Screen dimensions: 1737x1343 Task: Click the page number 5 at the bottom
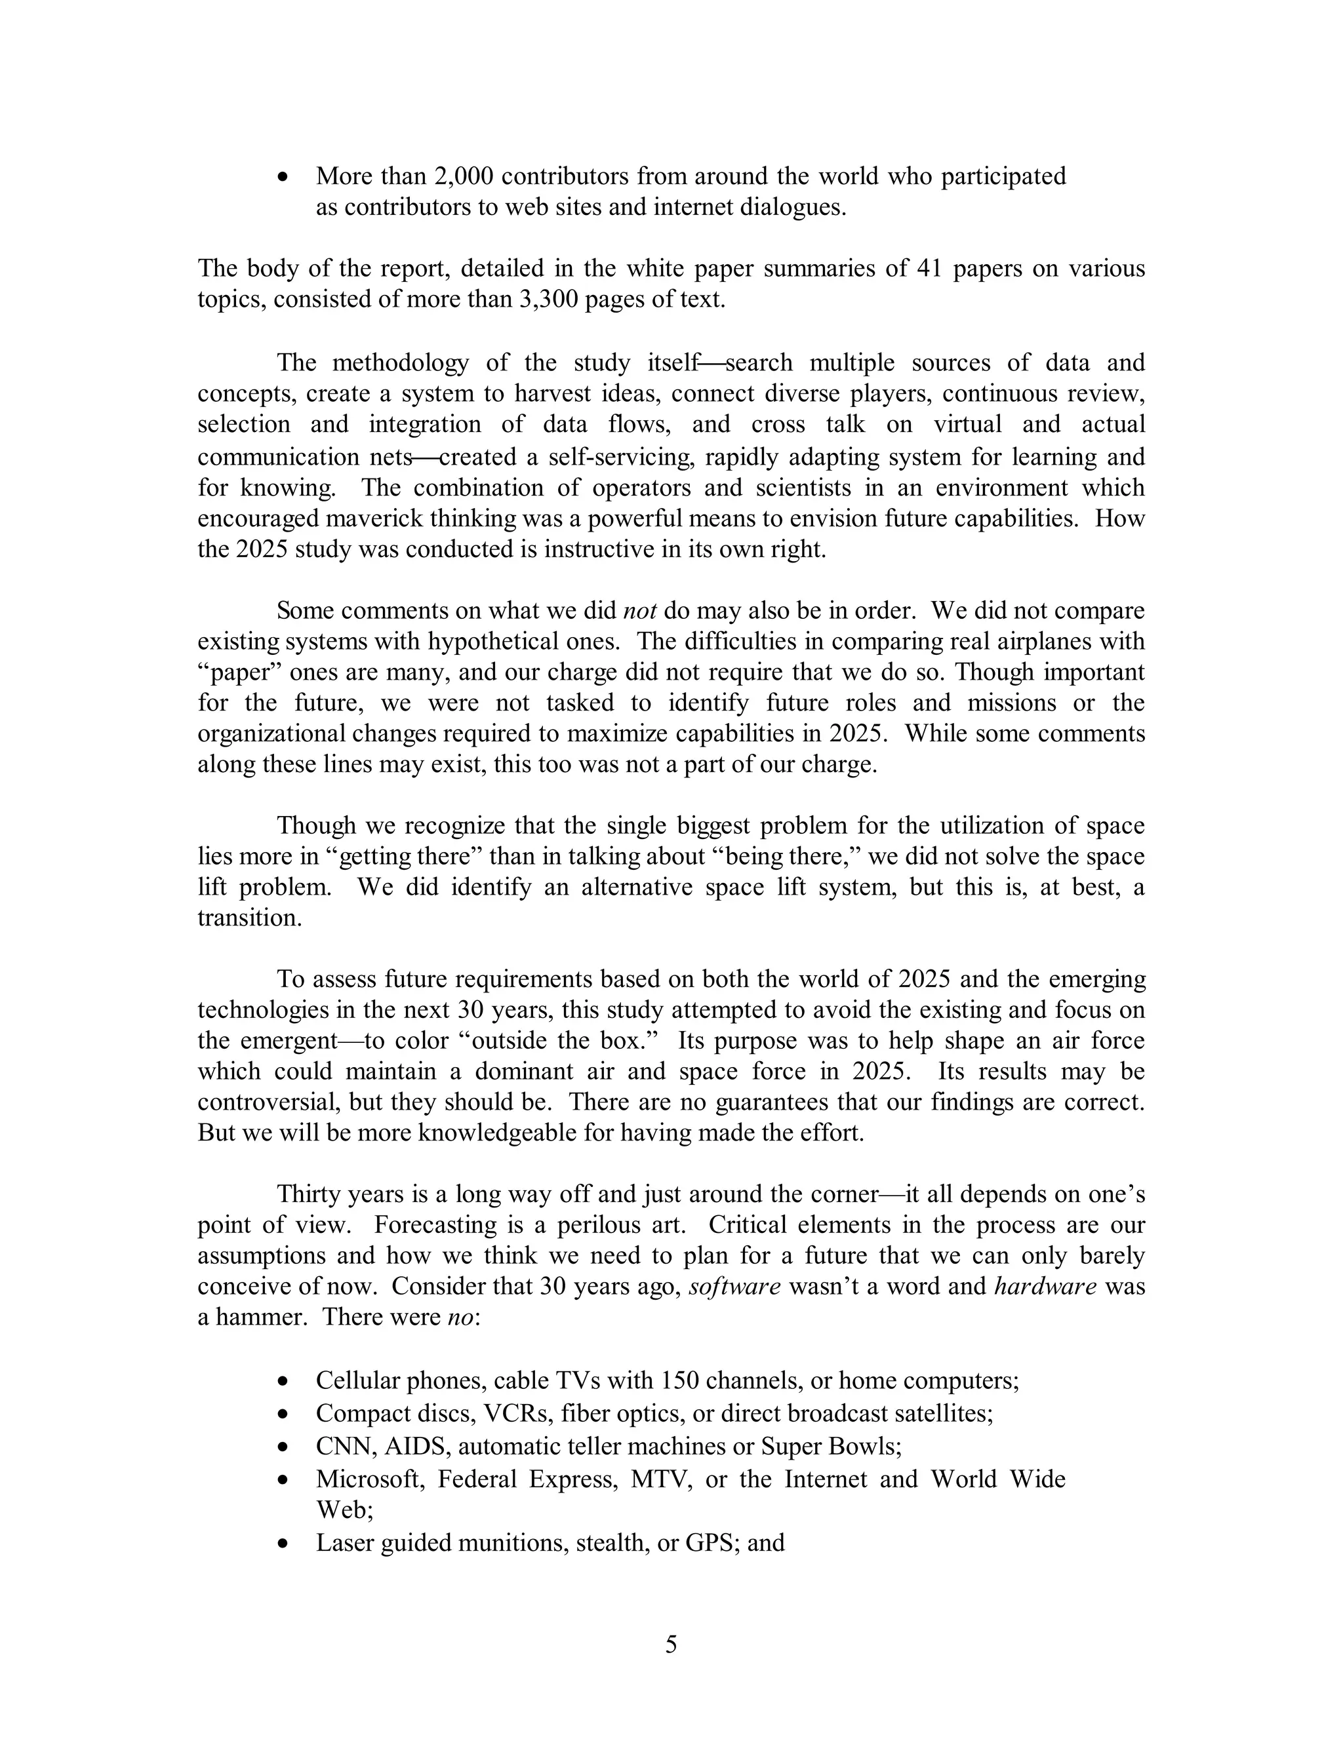671,1644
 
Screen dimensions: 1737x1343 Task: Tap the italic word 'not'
639,611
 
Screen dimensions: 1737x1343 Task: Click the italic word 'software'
734,1286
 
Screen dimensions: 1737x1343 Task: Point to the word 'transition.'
249,918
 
